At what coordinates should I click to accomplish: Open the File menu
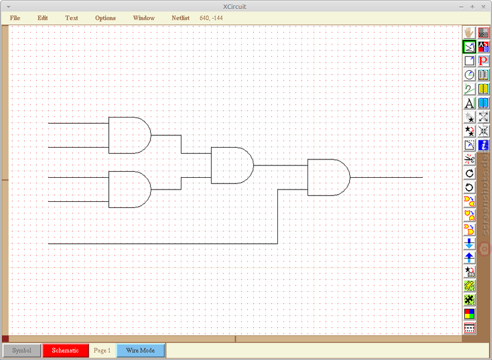click(x=15, y=18)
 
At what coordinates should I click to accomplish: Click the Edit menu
click(x=42, y=18)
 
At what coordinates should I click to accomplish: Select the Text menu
click(x=71, y=18)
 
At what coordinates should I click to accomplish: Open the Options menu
click(x=105, y=18)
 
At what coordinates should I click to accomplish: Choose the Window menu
click(x=144, y=18)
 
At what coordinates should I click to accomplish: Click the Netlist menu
click(x=180, y=18)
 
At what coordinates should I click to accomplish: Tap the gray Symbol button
click(x=22, y=350)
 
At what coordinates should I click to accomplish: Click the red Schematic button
click(x=65, y=350)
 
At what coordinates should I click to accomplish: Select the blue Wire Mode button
click(x=141, y=350)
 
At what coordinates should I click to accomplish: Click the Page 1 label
click(x=102, y=350)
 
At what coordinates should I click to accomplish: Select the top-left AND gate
click(x=130, y=135)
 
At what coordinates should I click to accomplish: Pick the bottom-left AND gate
click(x=130, y=190)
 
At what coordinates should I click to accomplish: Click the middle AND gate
click(x=232, y=166)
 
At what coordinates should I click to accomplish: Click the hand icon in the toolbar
click(x=469, y=33)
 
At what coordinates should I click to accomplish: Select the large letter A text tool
click(x=469, y=103)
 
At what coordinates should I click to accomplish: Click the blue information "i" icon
click(x=483, y=145)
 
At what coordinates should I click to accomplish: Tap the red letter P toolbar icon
click(x=483, y=60)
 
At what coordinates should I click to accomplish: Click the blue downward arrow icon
click(x=469, y=244)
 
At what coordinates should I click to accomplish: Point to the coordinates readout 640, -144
click(x=211, y=18)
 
